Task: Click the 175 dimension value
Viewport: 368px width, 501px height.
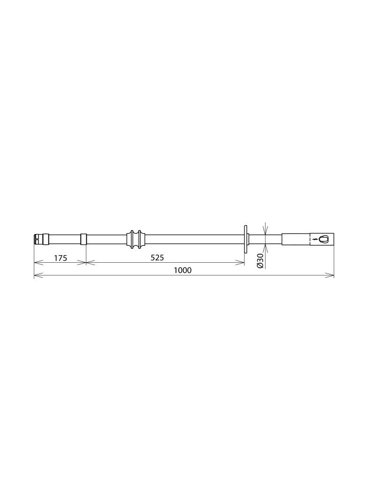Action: point(61,258)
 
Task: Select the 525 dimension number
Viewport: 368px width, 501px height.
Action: point(157,258)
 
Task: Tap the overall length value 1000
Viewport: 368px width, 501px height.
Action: point(183,270)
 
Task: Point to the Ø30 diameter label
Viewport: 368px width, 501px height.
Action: point(260,261)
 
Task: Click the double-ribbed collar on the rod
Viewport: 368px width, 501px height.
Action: point(136,239)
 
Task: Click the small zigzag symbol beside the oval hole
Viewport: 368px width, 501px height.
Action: point(315,239)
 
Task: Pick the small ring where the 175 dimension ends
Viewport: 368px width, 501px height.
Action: point(83,239)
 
